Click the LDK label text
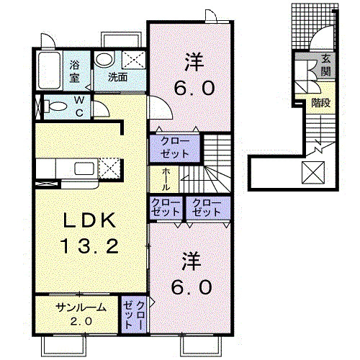click(x=89, y=220)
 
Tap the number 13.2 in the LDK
click(x=90, y=246)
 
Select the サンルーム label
click(x=81, y=307)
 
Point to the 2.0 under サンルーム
click(x=81, y=321)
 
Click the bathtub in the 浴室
click(x=50, y=71)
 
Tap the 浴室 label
click(x=74, y=71)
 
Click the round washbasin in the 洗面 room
click(x=104, y=59)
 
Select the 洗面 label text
click(x=117, y=77)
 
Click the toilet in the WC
click(x=55, y=107)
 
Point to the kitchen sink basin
click(x=84, y=168)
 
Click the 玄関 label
click(x=325, y=66)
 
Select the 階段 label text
click(x=321, y=103)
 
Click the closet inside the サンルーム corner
click(x=134, y=315)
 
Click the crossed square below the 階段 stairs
click(x=313, y=173)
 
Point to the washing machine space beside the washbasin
click(x=134, y=60)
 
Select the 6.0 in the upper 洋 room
click(x=194, y=88)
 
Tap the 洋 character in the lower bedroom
click(x=191, y=261)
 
